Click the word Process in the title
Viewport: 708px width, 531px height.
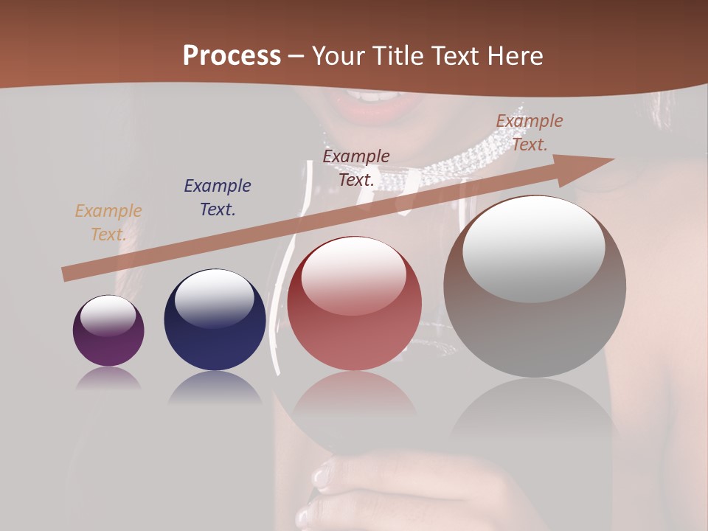pos(232,56)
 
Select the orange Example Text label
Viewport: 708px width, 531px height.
pos(108,223)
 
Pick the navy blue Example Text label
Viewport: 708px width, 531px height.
pos(218,198)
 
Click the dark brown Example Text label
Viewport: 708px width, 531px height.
pos(356,167)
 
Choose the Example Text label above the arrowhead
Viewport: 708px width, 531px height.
pos(530,133)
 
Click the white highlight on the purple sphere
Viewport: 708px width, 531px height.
pos(108,316)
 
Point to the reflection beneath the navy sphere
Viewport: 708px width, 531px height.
pos(215,387)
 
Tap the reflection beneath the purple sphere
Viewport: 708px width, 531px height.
pos(108,378)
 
